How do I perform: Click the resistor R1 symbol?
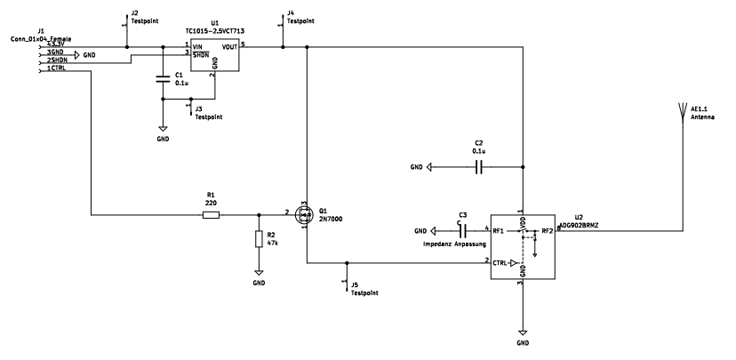point(211,214)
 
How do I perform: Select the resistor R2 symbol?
point(259,239)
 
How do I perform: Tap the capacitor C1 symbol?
point(162,79)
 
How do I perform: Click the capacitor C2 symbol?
point(478,166)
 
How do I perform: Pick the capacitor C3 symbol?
point(461,231)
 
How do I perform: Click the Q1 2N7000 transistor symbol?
point(305,214)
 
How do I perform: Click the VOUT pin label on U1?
point(229,46)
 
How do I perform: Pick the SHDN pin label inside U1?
point(204,54)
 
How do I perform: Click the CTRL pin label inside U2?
point(502,263)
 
